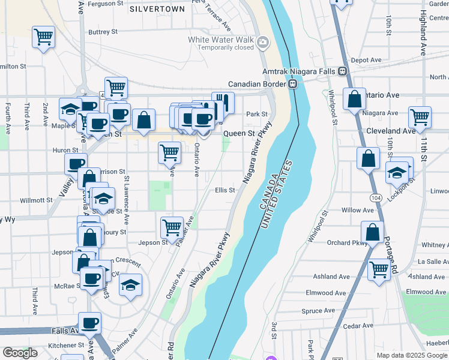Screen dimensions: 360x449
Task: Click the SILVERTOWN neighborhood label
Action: tap(157, 10)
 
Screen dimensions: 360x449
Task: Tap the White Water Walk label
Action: tap(220, 40)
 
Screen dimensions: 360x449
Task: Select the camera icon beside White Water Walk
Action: tap(262, 43)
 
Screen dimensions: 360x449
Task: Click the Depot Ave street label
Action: tap(366, 60)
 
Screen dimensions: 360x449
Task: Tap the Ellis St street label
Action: tap(224, 190)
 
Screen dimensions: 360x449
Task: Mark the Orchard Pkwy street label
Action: tap(347, 243)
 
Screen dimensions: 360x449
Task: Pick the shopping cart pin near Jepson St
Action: tap(172, 227)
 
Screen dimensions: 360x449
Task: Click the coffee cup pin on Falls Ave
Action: tap(90, 323)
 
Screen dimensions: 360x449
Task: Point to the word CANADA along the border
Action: tap(268, 190)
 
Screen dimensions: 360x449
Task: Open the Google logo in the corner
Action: tap(20, 353)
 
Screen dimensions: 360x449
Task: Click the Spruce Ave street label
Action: tap(318, 311)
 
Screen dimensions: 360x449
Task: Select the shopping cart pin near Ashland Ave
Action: tap(379, 269)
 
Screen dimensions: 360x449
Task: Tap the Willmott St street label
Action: tap(37, 200)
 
